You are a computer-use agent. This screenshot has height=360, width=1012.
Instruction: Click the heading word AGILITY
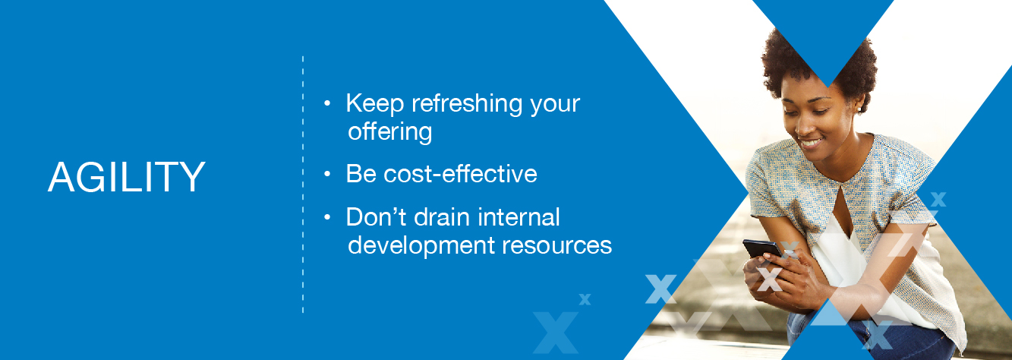(x=127, y=177)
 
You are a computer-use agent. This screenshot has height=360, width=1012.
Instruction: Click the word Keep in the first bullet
(x=374, y=103)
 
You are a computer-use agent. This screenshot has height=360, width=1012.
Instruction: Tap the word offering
(x=390, y=132)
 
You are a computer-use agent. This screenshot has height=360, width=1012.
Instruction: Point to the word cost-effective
(x=460, y=174)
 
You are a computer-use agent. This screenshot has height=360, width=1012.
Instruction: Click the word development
(x=421, y=246)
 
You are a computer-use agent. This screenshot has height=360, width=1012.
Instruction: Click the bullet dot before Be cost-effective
(x=327, y=175)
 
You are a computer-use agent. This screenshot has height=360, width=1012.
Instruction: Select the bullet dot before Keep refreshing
(x=327, y=103)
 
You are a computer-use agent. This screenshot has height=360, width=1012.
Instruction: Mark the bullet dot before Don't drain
(x=327, y=218)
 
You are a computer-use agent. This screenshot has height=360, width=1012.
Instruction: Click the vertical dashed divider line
(x=303, y=185)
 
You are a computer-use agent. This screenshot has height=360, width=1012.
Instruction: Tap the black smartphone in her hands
(x=762, y=249)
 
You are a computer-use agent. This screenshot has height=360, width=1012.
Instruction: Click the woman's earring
(x=859, y=109)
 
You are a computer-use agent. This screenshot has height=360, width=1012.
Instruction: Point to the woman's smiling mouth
(x=811, y=144)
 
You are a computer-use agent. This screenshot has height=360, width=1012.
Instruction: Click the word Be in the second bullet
(x=361, y=174)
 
